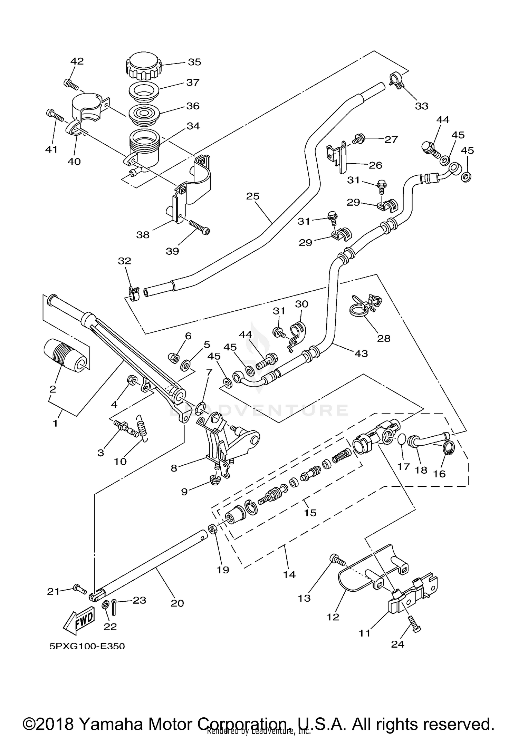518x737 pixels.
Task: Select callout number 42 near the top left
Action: (77, 61)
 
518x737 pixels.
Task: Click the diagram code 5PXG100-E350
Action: (87, 646)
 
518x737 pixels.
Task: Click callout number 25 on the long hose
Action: (252, 196)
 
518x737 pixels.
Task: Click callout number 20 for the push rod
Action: (177, 603)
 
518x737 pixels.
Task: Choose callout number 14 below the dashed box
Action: (289, 574)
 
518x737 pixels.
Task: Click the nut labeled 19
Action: (213, 528)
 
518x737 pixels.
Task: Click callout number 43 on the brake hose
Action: (361, 353)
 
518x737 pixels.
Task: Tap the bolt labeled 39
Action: (200, 227)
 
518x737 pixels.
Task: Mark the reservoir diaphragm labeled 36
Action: (144, 114)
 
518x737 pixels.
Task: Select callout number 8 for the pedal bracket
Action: (174, 468)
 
